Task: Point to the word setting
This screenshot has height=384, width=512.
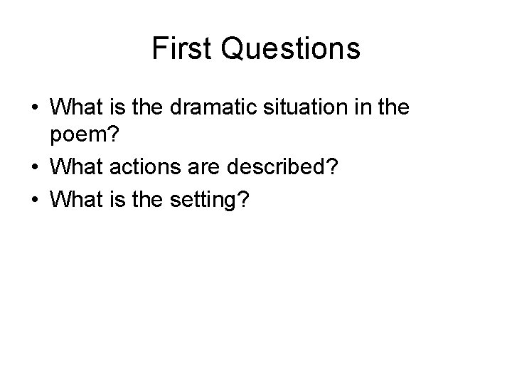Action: click(x=206, y=201)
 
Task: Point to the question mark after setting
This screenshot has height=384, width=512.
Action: click(x=243, y=200)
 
